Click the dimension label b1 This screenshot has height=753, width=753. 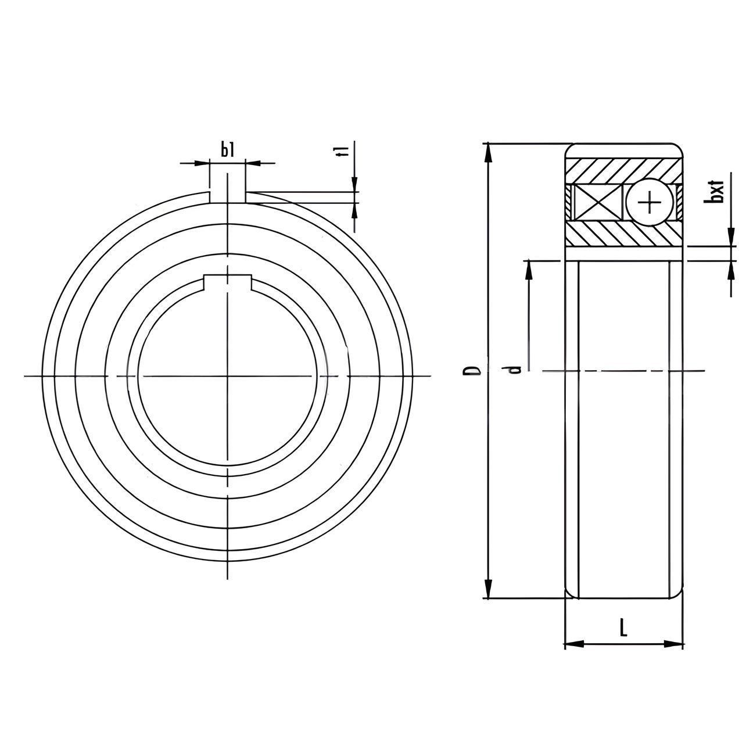click(x=227, y=150)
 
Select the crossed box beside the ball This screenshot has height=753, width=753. click(x=597, y=202)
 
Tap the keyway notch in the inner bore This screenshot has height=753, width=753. click(x=227, y=282)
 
